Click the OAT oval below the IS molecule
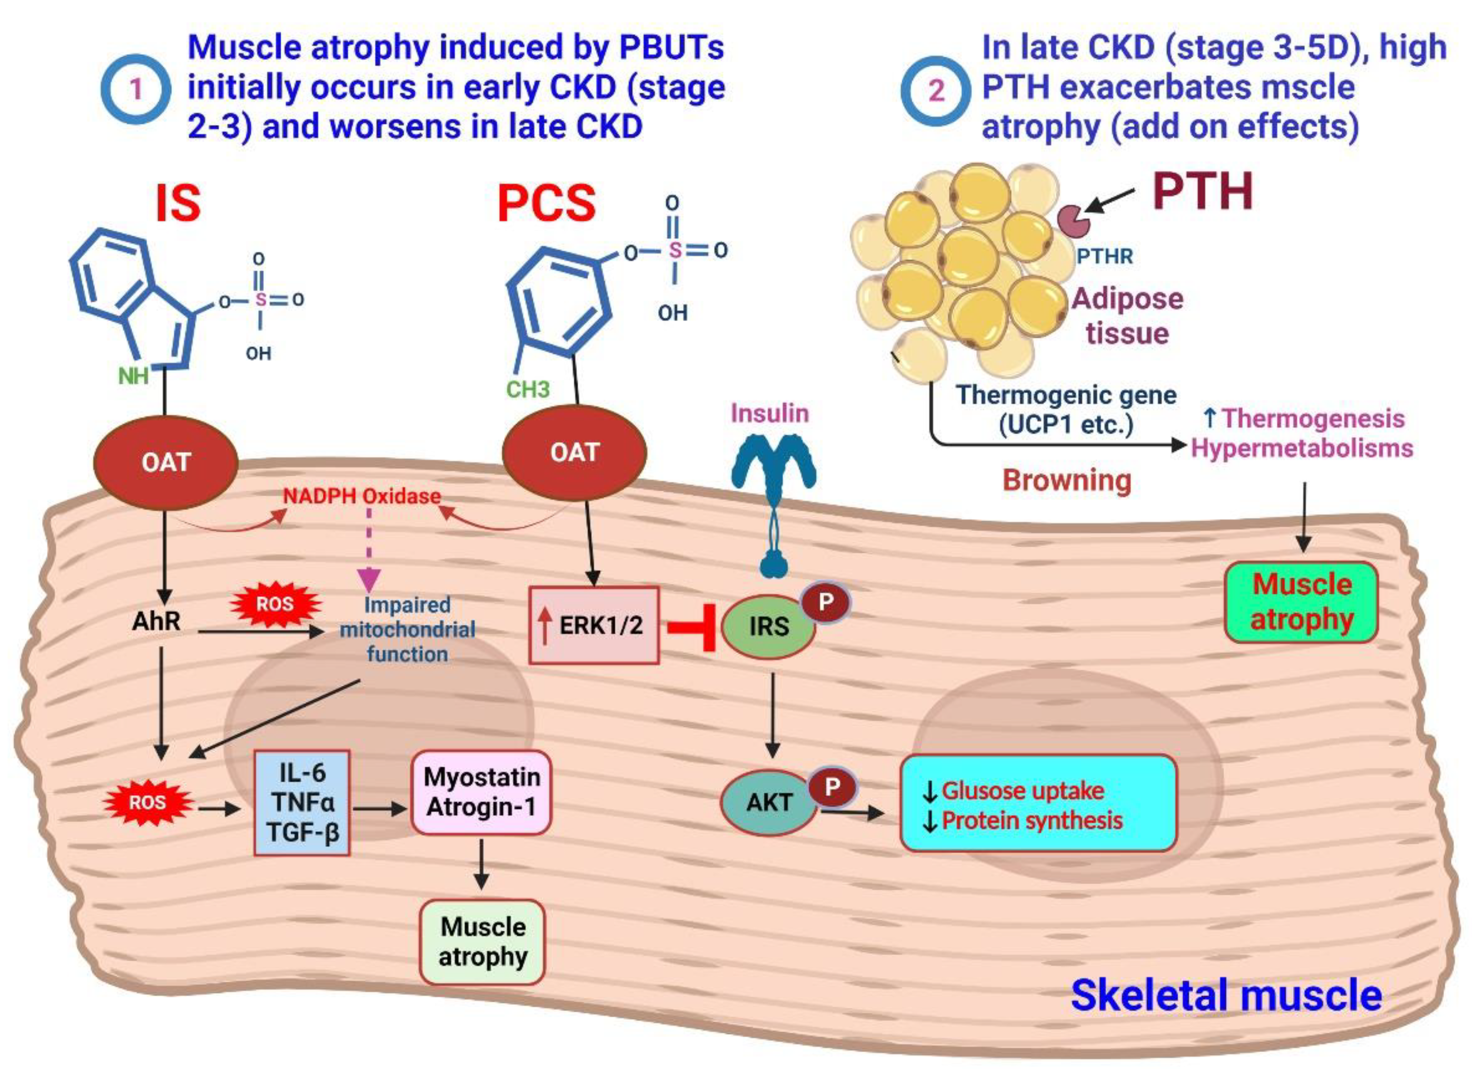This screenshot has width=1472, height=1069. tap(165, 462)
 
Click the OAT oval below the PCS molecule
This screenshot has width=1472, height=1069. tap(575, 452)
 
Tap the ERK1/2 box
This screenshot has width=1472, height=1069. tap(594, 625)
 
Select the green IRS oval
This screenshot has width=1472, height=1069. tap(769, 627)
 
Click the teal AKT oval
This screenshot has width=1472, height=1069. tap(769, 802)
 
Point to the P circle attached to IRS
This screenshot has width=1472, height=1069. tap(825, 602)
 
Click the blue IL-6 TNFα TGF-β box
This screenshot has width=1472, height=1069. tap(303, 802)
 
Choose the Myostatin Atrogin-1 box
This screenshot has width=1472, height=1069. tap(481, 792)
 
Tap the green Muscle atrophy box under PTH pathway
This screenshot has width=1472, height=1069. tap(1301, 602)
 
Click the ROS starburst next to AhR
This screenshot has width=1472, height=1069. tap(275, 604)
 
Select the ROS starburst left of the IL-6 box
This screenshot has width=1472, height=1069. tap(147, 802)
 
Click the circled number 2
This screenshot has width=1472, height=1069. tap(935, 90)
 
